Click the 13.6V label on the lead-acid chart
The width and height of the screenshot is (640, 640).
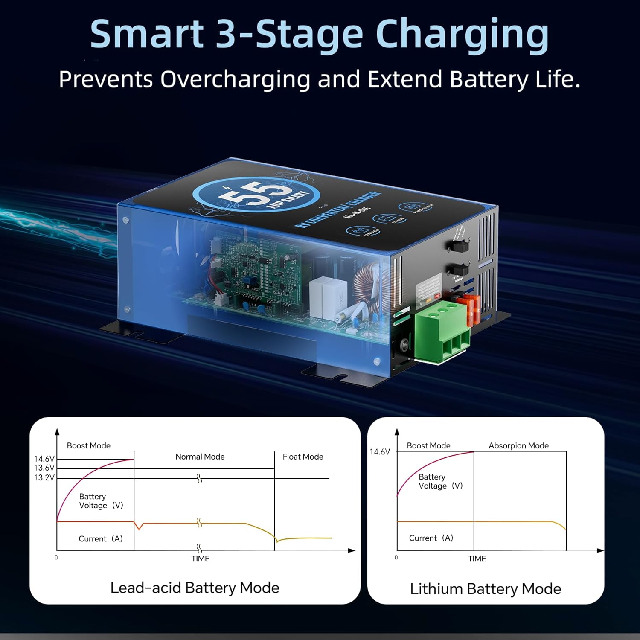coord(44,468)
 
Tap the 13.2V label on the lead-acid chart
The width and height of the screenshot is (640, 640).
coord(44,478)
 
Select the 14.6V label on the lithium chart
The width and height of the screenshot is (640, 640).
coord(379,452)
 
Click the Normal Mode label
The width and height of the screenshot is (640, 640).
coord(200,457)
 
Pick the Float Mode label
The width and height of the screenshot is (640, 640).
coord(303,457)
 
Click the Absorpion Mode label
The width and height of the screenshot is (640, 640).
coord(518,446)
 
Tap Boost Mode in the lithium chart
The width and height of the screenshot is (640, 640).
coord(428,446)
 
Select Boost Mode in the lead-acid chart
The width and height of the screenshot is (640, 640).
coord(88,446)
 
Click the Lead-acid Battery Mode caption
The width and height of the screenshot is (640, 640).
coord(195,588)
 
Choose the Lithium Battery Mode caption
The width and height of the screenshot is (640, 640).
coord(485,589)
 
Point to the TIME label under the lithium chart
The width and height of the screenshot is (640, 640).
coord(477,559)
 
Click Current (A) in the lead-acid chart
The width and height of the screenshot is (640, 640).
coord(101,539)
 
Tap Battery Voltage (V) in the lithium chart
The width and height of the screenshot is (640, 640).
coord(440,482)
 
